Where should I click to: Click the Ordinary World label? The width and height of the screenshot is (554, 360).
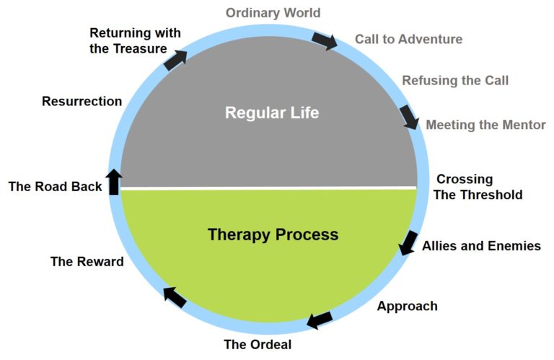pos(273,13)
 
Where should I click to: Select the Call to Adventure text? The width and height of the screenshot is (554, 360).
pos(408,39)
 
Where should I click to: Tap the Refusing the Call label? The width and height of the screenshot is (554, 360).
pos(455,81)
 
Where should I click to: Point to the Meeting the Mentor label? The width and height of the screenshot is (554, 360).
pos(485,125)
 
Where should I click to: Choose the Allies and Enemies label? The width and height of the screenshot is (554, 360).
pos(482,246)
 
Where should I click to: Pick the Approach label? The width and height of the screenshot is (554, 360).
pos(408,306)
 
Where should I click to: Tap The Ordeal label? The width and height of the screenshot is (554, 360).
pos(258,344)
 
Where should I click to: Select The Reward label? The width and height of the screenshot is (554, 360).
pos(87,261)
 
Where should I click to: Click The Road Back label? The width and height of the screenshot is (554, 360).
pos(55,187)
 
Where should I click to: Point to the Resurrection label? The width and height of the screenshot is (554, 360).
pos(82,102)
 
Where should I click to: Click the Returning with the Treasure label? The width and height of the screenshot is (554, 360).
pos(136,40)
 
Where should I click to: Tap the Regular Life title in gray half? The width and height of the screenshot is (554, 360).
pos(272,113)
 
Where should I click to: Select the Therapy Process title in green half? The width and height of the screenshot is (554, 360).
pos(273,235)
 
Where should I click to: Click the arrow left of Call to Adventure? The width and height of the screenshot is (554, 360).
pos(325,40)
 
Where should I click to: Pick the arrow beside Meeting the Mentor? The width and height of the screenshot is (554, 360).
pos(410,117)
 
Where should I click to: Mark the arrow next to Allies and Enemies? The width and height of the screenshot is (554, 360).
pos(408,242)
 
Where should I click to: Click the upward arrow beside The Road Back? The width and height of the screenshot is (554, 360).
pos(114,182)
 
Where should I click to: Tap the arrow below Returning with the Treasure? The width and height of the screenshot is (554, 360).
pos(175,60)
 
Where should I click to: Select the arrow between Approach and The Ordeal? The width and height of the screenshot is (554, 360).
pos(320,320)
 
